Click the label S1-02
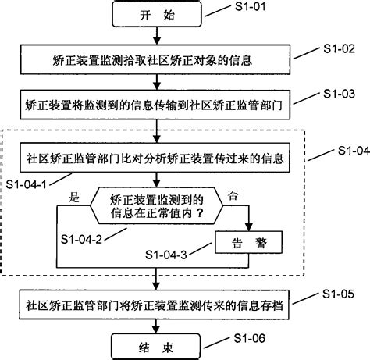(340, 48)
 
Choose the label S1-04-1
(27, 184)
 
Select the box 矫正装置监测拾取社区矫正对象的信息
(159, 59)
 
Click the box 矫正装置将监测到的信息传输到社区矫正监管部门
(159, 102)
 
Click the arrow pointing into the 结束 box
(159, 326)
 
